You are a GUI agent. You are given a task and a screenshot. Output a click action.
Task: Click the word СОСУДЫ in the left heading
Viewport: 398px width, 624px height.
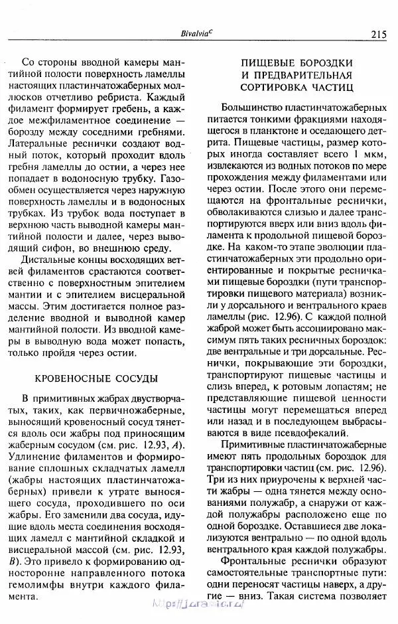(133, 378)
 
